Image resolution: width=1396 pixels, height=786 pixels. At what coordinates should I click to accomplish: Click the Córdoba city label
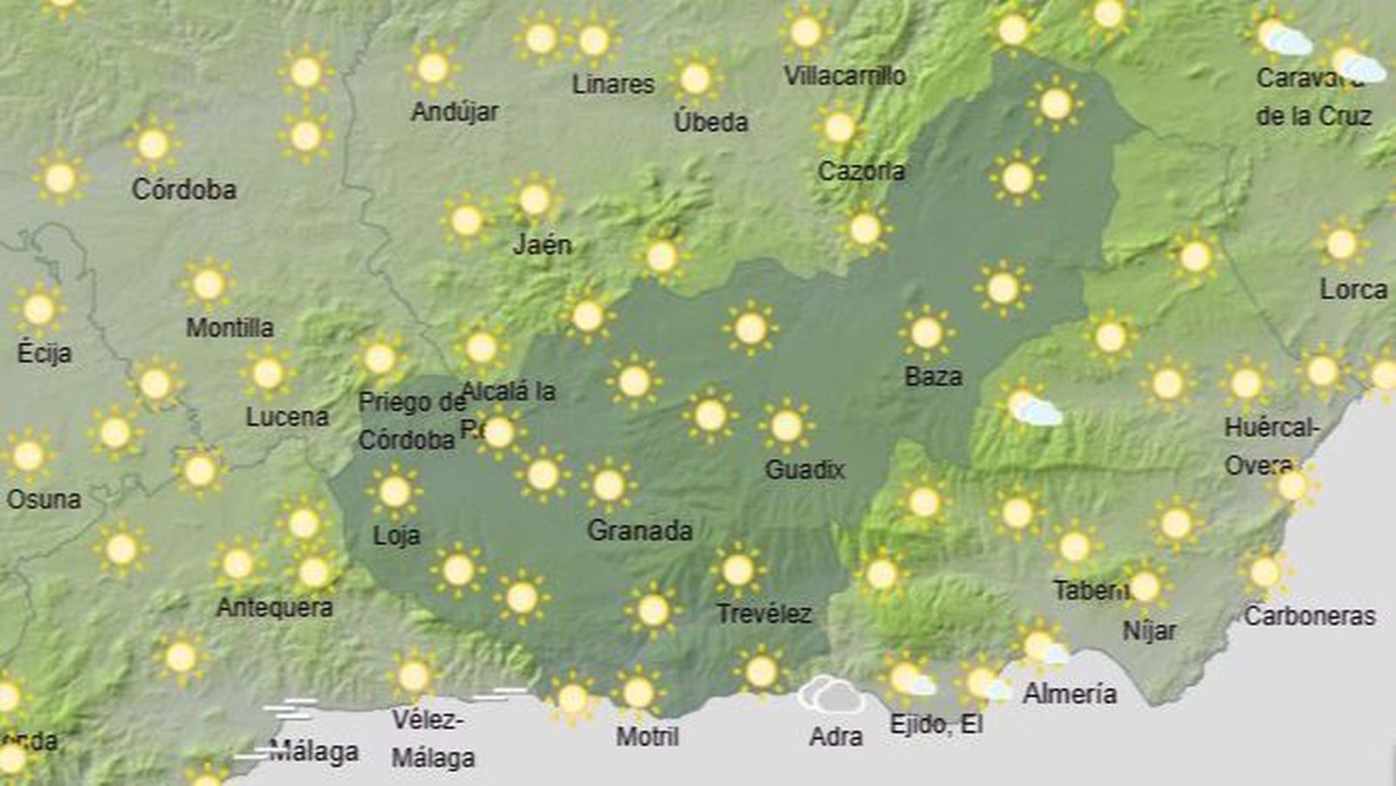click(x=184, y=189)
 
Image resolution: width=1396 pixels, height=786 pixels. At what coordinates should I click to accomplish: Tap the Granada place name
click(x=640, y=530)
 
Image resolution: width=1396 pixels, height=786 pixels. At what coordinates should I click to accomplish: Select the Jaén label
click(x=542, y=244)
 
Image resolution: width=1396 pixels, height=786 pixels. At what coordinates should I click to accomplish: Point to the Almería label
click(x=1070, y=694)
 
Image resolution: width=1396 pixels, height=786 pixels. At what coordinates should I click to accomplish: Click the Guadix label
click(x=804, y=470)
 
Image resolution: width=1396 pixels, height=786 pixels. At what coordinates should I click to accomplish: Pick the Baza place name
click(x=934, y=377)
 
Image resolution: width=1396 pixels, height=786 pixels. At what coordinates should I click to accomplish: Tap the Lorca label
click(x=1353, y=290)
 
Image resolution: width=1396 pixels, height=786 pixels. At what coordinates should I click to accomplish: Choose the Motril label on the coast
click(x=647, y=736)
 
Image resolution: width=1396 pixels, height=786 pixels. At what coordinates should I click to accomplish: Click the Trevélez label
click(x=764, y=614)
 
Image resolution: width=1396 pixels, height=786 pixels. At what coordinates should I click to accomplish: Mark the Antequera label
click(x=275, y=607)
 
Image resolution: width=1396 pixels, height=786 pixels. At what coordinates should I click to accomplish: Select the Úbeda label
click(x=711, y=121)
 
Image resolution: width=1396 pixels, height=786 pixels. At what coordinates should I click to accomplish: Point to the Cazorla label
click(x=861, y=171)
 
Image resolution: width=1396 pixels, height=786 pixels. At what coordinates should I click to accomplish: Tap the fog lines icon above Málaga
click(x=290, y=707)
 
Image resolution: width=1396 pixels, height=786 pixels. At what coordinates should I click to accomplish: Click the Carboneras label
click(x=1310, y=616)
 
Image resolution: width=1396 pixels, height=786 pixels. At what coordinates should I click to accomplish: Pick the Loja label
click(x=397, y=535)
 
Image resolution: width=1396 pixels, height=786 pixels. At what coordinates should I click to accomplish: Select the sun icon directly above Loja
click(x=394, y=492)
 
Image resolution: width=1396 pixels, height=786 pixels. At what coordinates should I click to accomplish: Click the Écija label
click(x=44, y=353)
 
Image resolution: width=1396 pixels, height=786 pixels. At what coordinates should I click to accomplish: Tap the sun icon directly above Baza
click(x=926, y=332)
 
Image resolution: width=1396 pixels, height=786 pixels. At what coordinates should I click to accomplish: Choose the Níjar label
click(x=1149, y=630)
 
